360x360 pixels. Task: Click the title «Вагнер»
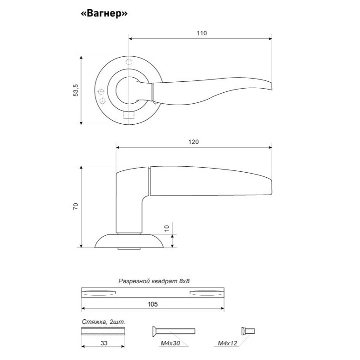(104, 14)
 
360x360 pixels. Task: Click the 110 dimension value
(201, 33)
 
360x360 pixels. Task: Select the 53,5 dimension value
(75, 90)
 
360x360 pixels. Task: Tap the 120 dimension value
(194, 142)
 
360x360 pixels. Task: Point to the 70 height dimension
(75, 206)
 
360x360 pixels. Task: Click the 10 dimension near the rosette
(167, 228)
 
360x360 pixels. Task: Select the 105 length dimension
(153, 304)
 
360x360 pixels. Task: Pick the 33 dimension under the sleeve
(104, 343)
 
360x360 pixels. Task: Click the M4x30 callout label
(170, 343)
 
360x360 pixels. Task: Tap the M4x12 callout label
(228, 343)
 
